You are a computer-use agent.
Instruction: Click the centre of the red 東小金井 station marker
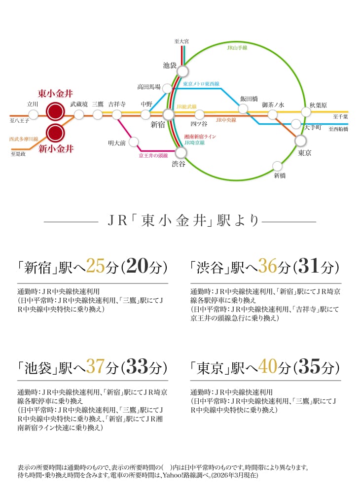(55, 111)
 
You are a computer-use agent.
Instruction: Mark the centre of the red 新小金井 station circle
(55, 133)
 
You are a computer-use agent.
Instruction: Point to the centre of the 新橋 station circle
(277, 166)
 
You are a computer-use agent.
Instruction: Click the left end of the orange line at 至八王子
(11, 115)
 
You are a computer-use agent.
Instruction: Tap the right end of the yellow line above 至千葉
(348, 111)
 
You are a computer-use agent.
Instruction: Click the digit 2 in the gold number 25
(91, 266)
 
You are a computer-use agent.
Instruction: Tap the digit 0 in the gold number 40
(272, 367)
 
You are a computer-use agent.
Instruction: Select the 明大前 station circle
(134, 142)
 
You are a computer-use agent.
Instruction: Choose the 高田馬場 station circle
(167, 88)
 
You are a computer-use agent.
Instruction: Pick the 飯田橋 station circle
(243, 109)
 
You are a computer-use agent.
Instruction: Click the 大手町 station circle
(295, 124)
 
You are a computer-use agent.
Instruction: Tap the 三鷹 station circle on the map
(98, 114)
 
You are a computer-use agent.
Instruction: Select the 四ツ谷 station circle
(199, 114)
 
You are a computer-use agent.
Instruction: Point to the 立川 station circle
(34, 114)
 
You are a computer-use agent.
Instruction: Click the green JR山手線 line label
(237, 48)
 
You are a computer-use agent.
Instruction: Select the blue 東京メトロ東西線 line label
(201, 84)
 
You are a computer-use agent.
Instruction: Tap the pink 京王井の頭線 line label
(153, 156)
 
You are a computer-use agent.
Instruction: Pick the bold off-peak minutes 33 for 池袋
(137, 367)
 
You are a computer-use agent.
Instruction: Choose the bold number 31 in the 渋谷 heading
(309, 266)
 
